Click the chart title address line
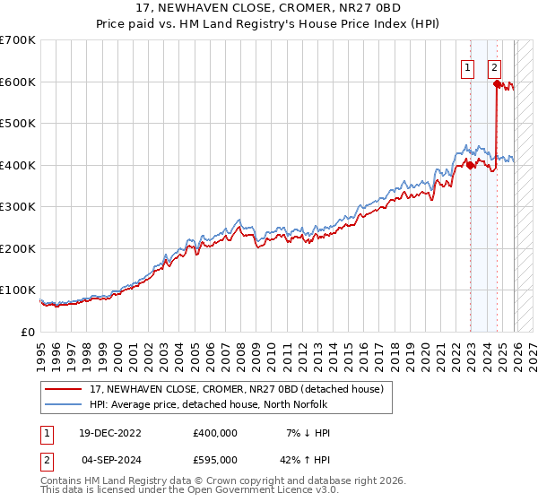268,8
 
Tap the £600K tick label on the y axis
17,82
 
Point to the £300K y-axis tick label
17,207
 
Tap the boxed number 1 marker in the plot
468,66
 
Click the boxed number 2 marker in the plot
494,66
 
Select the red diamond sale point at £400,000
471,165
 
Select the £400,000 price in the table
214,433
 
